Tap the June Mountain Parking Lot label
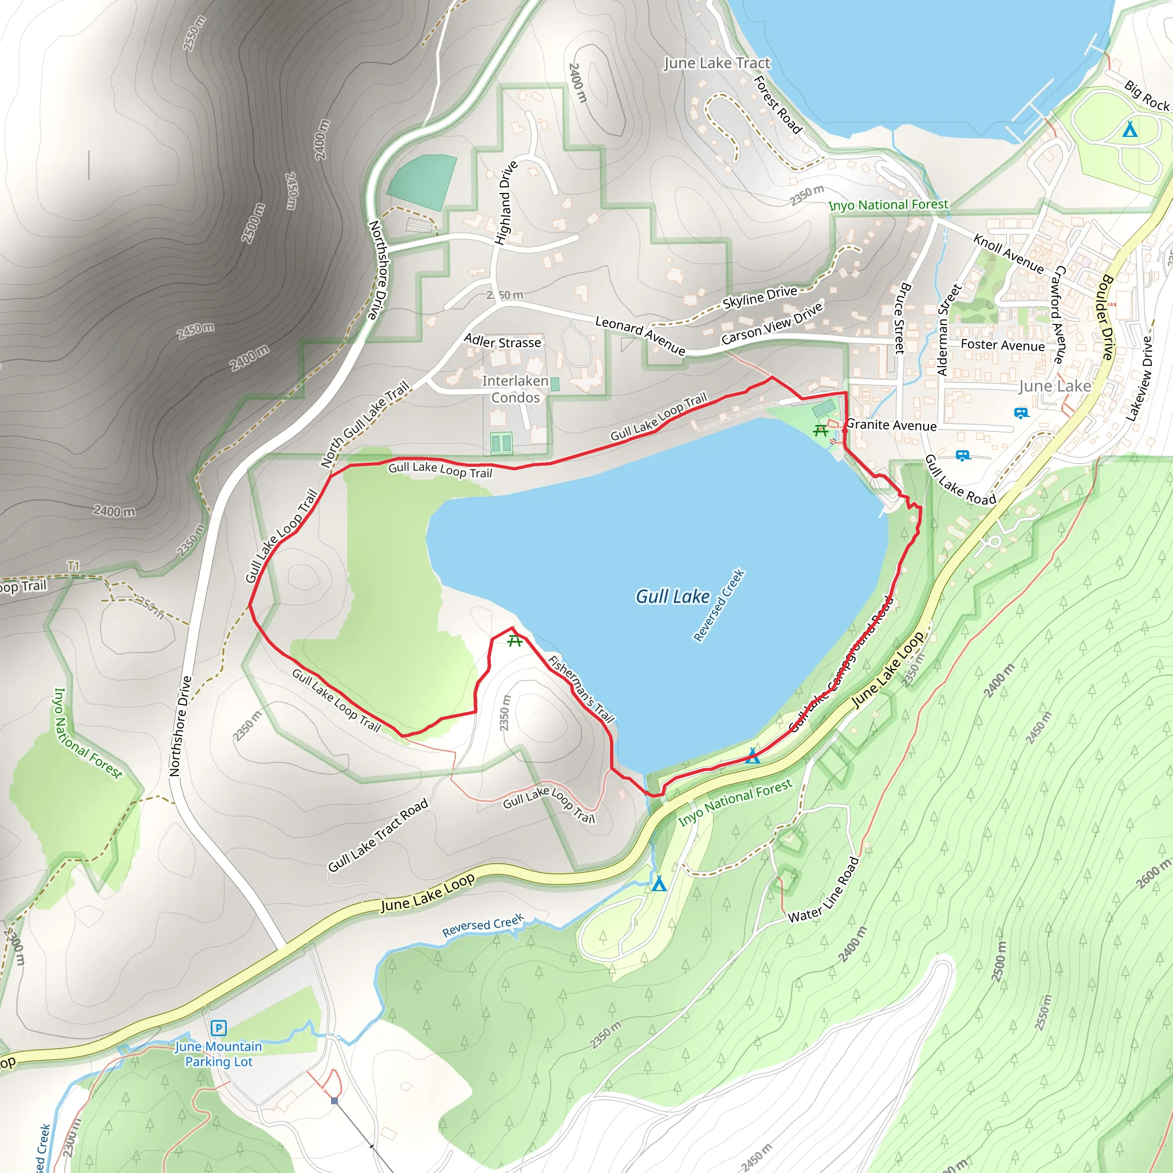[x=219, y=1054]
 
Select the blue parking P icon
[x=219, y=1028]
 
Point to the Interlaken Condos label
[x=515, y=389]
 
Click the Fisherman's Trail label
[x=581, y=689]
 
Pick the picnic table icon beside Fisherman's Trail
[x=515, y=640]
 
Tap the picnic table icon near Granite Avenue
[x=821, y=431]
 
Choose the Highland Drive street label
[x=506, y=203]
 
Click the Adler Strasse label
[x=502, y=342]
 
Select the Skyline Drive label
[x=759, y=296]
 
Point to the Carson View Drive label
[x=771, y=323]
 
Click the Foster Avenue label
[x=1002, y=345]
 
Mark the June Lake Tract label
[x=717, y=63]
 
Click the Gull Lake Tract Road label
[x=378, y=836]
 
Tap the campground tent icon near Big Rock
[x=1129, y=130]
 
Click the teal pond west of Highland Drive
[x=422, y=182]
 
